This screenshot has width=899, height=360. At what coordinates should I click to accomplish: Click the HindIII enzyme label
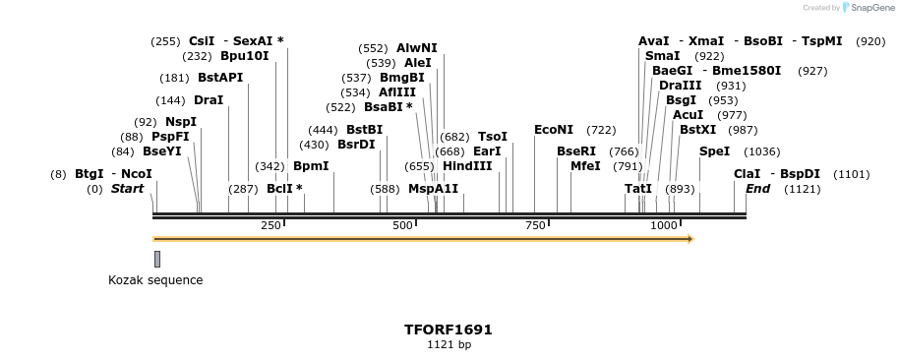[467, 165]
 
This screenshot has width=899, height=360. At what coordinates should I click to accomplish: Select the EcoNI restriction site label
[553, 130]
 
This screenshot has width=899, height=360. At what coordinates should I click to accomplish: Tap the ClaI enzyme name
[747, 174]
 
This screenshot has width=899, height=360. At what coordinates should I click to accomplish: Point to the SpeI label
[714, 151]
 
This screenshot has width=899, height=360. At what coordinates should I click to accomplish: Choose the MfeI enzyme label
[585, 165]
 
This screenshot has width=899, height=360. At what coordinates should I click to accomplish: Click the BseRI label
[576, 151]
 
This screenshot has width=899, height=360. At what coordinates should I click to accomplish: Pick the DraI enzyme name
[209, 100]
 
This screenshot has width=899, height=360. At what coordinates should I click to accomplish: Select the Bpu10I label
[244, 56]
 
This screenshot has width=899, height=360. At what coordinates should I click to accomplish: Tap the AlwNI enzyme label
[417, 47]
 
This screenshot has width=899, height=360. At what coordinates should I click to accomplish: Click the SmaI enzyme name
[662, 56]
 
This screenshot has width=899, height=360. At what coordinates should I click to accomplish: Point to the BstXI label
[698, 130]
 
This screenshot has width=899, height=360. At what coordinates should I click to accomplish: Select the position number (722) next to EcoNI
[601, 130]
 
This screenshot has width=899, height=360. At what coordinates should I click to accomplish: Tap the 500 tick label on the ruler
[402, 226]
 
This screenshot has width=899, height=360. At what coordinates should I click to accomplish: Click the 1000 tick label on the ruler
[664, 226]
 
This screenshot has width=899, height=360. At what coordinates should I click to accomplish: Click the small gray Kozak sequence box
[157, 259]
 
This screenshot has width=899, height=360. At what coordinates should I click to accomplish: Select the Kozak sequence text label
[155, 280]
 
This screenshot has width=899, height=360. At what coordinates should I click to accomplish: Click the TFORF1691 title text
[449, 330]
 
